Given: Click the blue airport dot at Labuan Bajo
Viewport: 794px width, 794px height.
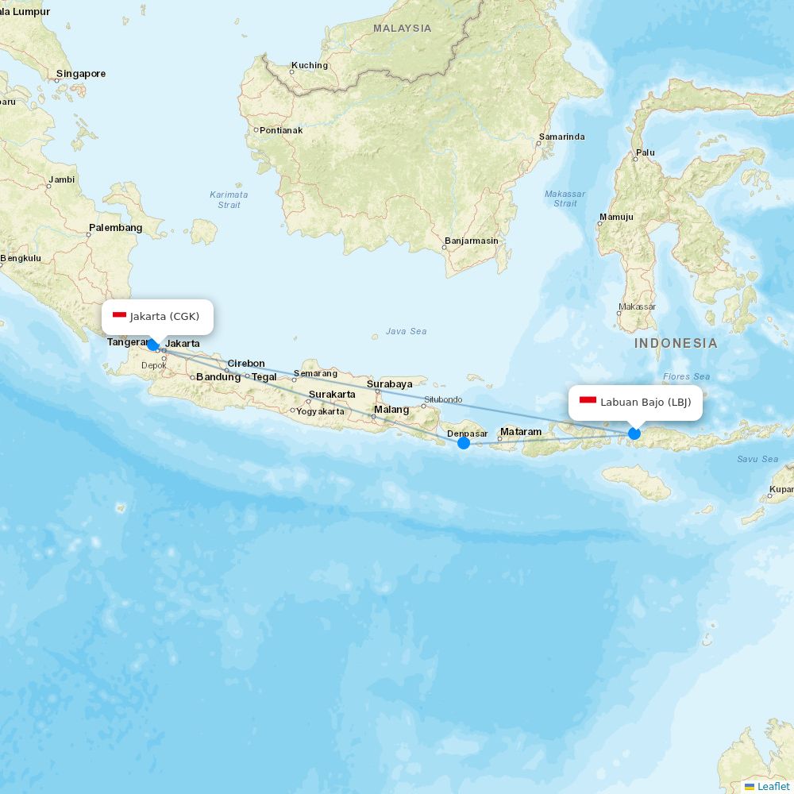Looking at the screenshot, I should pyautogui.click(x=634, y=434).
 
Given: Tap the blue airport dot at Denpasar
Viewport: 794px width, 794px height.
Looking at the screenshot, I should pyautogui.click(x=464, y=443).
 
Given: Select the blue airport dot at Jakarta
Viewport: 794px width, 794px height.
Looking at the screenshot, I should pyautogui.click(x=153, y=345).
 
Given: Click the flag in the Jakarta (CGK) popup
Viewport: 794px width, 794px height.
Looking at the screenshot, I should pyautogui.click(x=120, y=315).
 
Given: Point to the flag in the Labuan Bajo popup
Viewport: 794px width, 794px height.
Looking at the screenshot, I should pyautogui.click(x=588, y=401).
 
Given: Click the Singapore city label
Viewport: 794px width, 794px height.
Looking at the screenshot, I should pyautogui.click(x=80, y=74).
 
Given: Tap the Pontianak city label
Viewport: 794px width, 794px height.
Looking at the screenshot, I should pyautogui.click(x=281, y=130).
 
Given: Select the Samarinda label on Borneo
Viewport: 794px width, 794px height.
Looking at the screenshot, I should pyautogui.click(x=561, y=137).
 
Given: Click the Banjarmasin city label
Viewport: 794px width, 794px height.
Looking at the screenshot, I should pyautogui.click(x=472, y=241).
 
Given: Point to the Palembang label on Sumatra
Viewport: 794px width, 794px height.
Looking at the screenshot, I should pyautogui.click(x=116, y=228).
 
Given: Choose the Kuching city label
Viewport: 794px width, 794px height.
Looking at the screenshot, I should pyautogui.click(x=309, y=65).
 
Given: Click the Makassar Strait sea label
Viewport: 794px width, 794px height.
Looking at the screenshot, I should pyautogui.click(x=565, y=198).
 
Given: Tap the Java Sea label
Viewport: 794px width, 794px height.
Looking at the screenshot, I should pyautogui.click(x=407, y=331).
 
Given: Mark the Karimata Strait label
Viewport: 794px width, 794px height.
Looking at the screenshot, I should pyautogui.click(x=229, y=199).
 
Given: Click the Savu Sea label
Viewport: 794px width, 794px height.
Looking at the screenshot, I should pyautogui.click(x=757, y=459).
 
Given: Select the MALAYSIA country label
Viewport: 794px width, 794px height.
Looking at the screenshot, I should pyautogui.click(x=403, y=28).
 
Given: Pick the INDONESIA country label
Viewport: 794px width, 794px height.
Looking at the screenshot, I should pyautogui.click(x=676, y=343).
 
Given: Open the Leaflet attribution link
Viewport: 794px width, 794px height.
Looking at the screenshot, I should pyautogui.click(x=773, y=786).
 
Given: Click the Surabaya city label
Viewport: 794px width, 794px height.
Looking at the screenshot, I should pyautogui.click(x=389, y=384).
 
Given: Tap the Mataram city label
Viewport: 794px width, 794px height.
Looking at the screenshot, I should pyautogui.click(x=521, y=432).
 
